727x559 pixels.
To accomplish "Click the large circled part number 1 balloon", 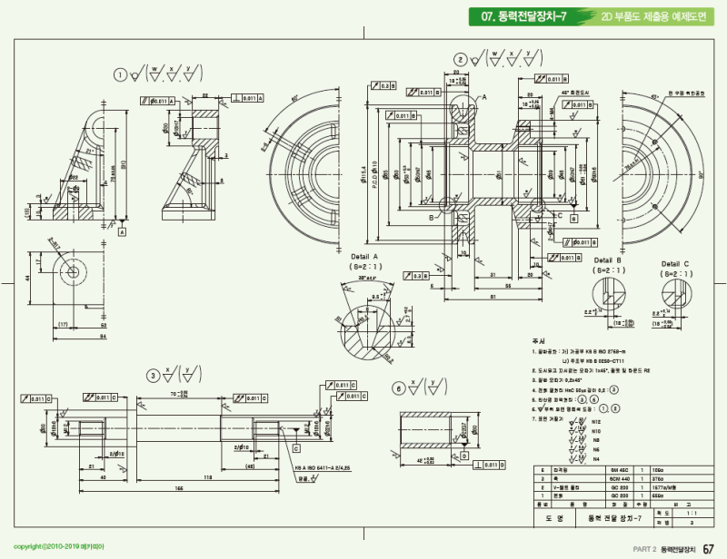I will [119, 74].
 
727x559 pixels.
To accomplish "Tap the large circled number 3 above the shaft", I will [154, 374].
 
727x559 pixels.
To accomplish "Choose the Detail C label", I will [674, 264].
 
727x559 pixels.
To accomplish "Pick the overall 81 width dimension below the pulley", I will [492, 297].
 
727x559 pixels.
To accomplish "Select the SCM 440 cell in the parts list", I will [620, 478].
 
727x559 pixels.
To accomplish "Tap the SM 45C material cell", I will [620, 470].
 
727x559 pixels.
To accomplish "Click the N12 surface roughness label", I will [596, 423].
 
